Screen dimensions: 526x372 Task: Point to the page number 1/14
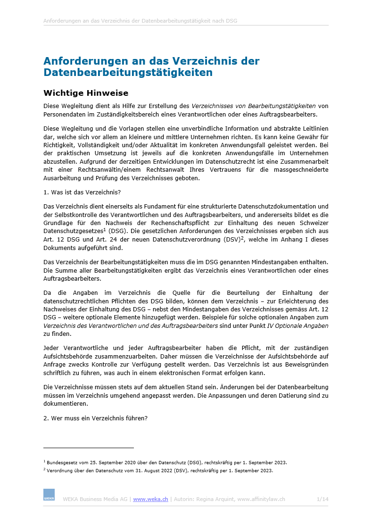coord(322,499)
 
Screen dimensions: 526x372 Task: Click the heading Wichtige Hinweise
coord(86,93)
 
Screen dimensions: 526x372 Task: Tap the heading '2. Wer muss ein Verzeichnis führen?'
coord(95,417)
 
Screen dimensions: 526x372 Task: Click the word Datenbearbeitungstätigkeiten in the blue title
coord(128,73)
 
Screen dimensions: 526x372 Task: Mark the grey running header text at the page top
coord(140,21)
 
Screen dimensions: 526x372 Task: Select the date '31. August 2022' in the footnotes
coord(129,470)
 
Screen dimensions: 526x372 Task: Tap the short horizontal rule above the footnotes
coord(89,447)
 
